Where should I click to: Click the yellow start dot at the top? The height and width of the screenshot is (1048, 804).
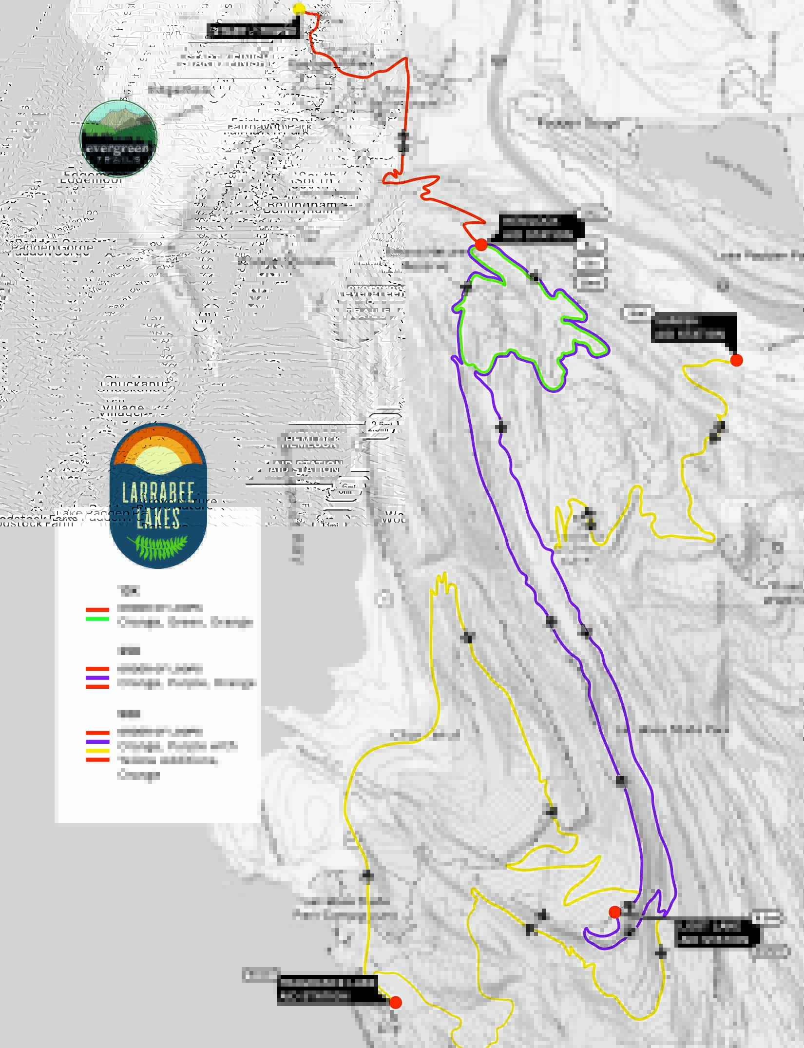[x=299, y=9]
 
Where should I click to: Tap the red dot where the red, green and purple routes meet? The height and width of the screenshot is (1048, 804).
[x=481, y=245]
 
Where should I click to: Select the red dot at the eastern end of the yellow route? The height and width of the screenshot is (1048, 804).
[x=736, y=360]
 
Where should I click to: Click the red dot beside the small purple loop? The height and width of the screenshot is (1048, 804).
[x=615, y=912]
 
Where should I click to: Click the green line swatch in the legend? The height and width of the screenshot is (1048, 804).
[x=97, y=619]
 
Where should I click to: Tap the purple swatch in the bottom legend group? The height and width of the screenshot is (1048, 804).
[x=97, y=741]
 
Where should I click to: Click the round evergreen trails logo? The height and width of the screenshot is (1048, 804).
[x=118, y=138]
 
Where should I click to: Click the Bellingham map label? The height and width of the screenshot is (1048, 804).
[x=301, y=207]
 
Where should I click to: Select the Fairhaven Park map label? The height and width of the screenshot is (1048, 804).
[x=269, y=125]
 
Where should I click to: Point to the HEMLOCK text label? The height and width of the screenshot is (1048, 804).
[x=309, y=441]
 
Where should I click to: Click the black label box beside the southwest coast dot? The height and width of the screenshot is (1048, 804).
[x=327, y=990]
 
